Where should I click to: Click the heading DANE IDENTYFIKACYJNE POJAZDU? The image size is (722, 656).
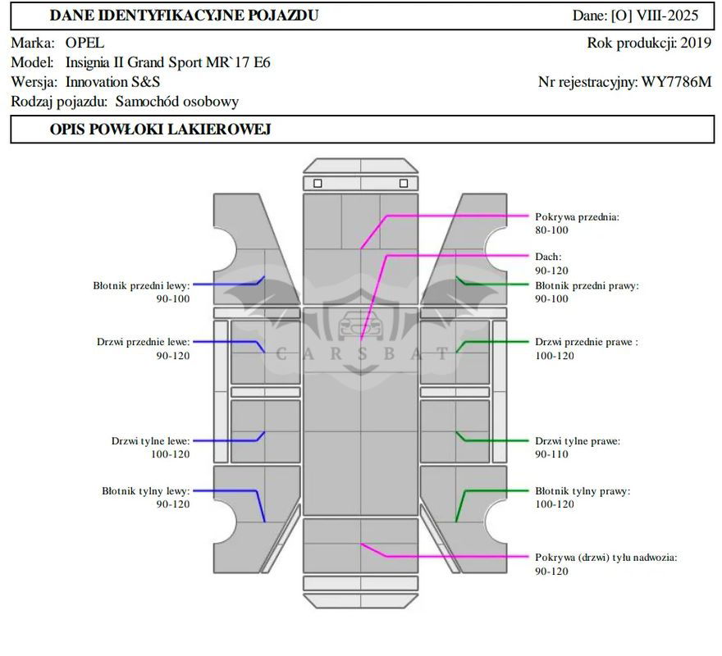(x=184, y=16)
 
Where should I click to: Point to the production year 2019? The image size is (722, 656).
(x=696, y=43)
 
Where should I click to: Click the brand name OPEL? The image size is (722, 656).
(x=85, y=43)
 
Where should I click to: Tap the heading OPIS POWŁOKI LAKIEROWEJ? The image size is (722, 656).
(x=160, y=130)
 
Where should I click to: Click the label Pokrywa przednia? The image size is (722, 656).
(x=577, y=217)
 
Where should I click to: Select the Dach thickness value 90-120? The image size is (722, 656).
(x=551, y=271)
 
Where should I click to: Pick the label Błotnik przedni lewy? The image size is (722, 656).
(x=141, y=285)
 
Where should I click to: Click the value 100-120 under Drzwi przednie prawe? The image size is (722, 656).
(x=555, y=356)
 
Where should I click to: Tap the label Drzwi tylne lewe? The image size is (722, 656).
(x=150, y=441)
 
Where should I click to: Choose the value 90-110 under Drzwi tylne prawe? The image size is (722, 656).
(x=551, y=454)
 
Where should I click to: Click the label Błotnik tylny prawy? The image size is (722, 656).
(x=583, y=491)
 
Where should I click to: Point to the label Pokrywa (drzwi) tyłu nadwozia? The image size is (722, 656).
(x=605, y=558)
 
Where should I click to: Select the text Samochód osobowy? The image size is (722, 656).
(x=177, y=102)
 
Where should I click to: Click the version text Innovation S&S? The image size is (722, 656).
(x=113, y=82)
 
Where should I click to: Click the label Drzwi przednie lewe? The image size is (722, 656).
(x=143, y=342)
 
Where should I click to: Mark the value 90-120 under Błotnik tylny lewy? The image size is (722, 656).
(x=173, y=504)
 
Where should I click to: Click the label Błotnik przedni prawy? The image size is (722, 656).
(x=587, y=286)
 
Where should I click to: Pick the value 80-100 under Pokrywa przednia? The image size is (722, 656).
(x=551, y=230)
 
